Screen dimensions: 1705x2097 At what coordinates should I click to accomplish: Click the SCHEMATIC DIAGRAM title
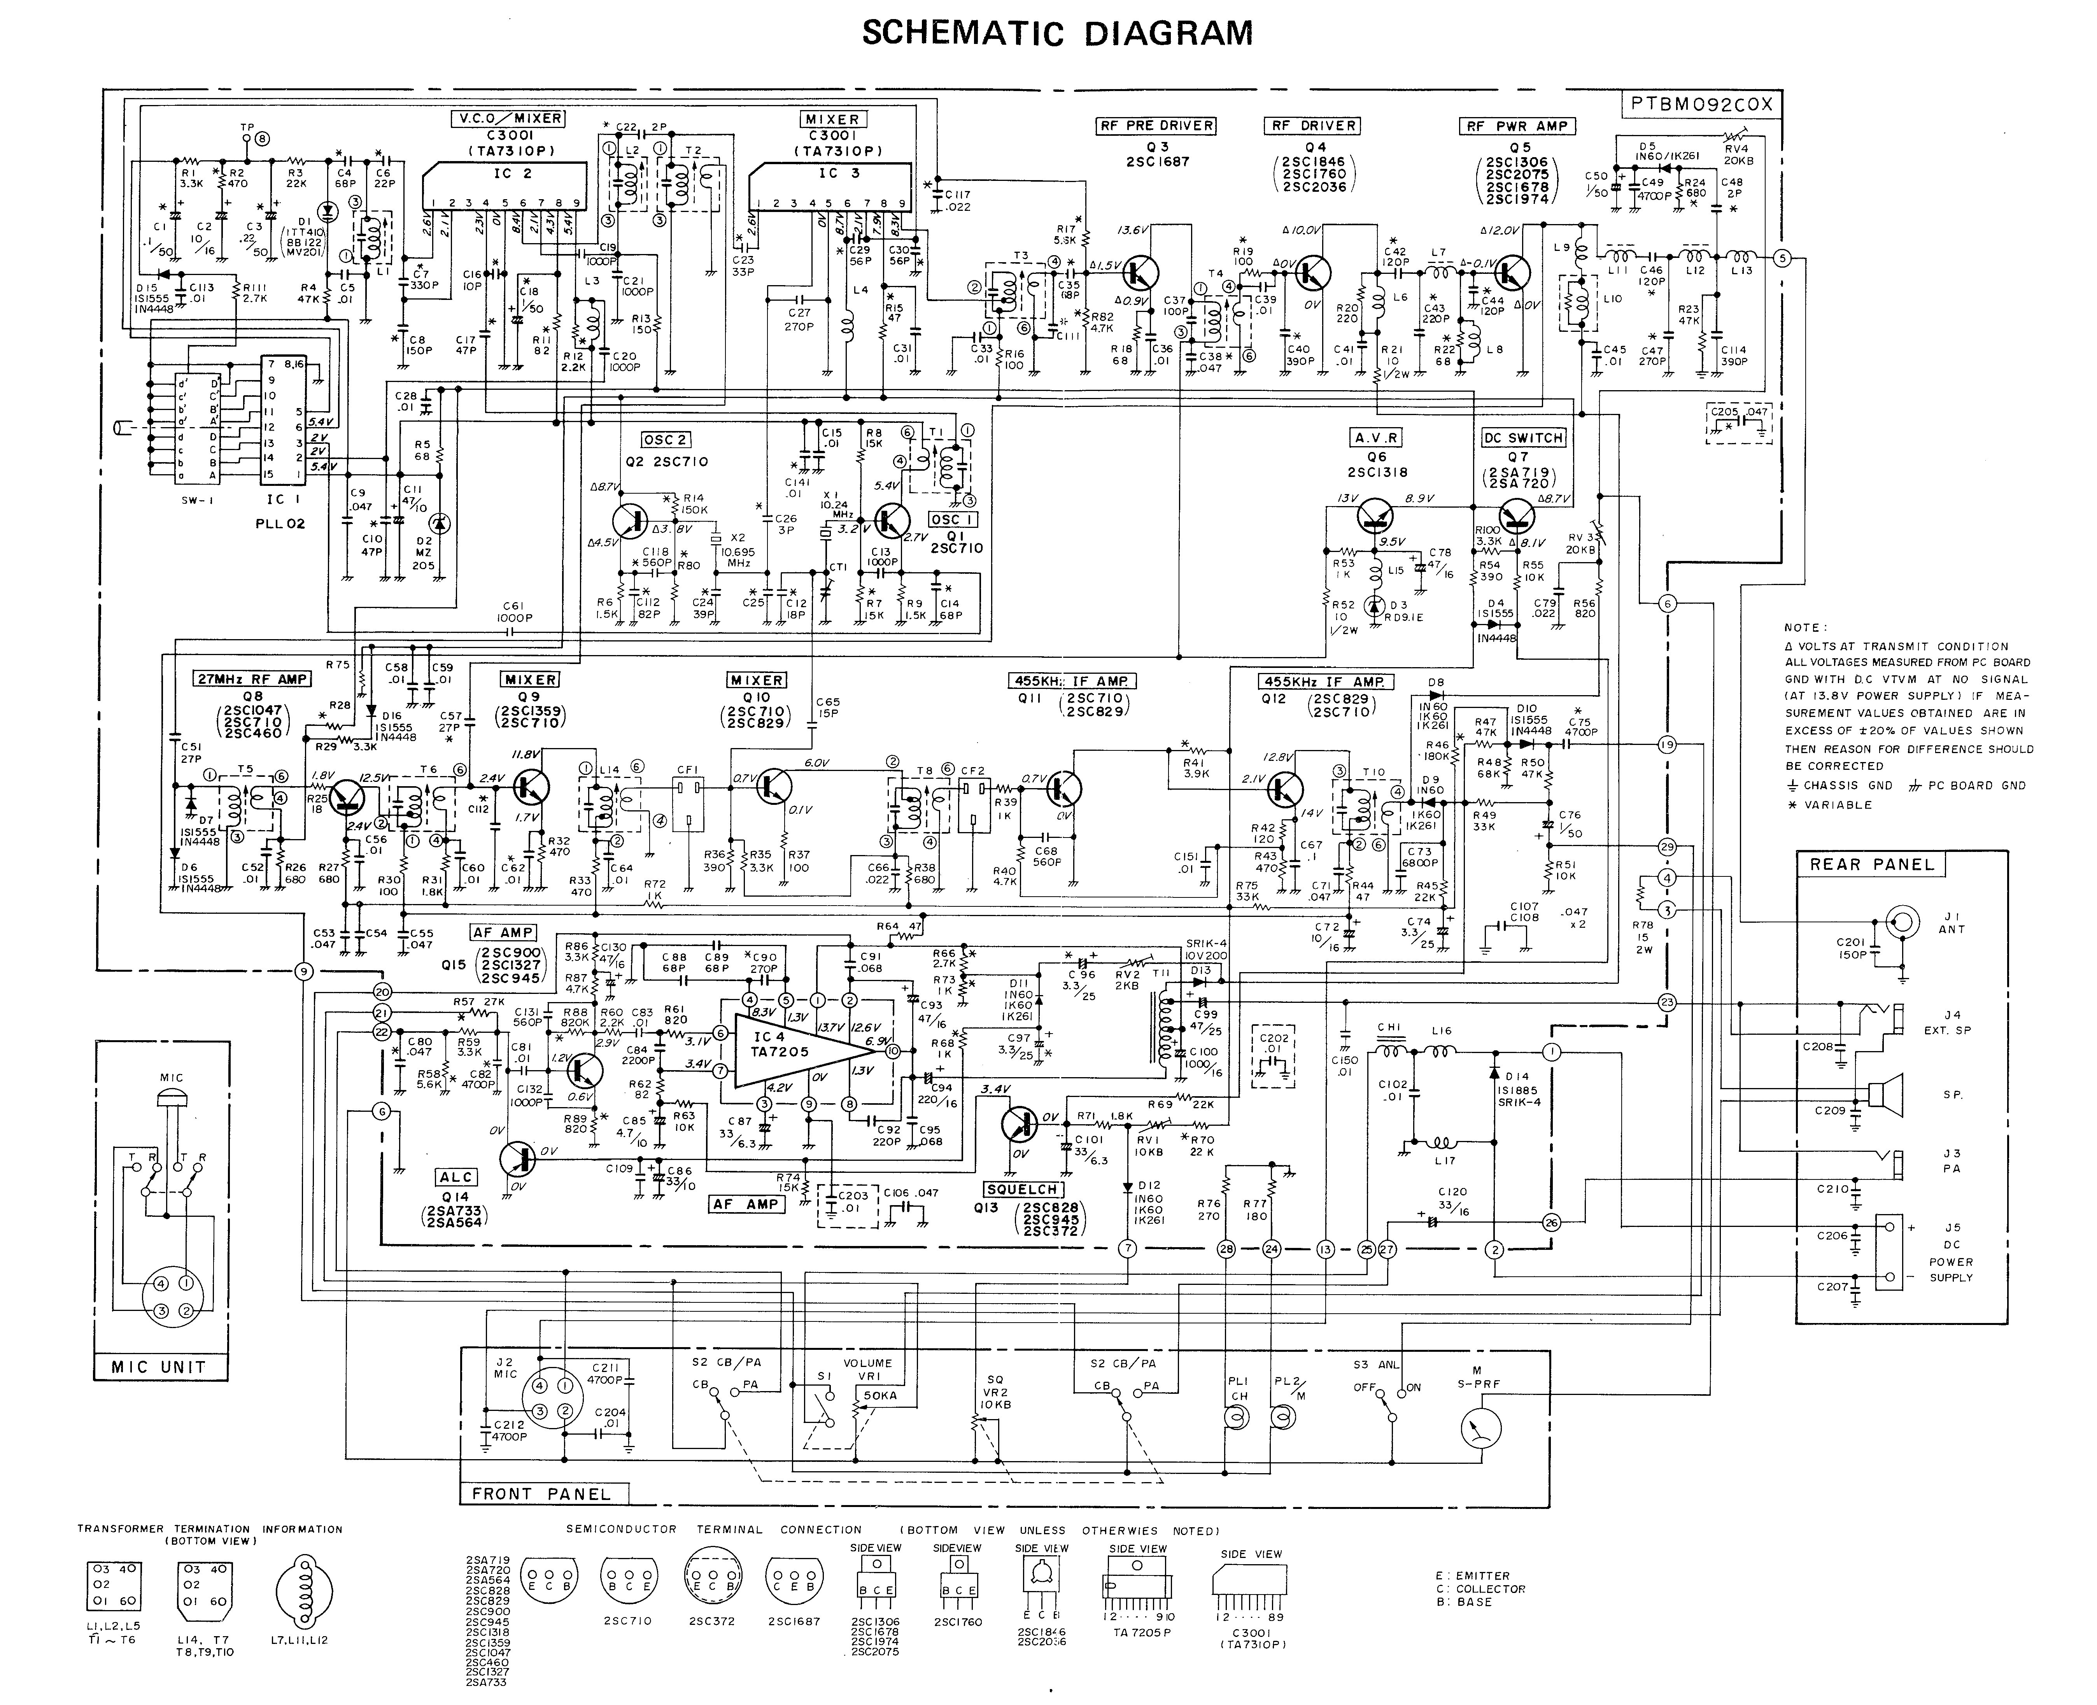click(1057, 33)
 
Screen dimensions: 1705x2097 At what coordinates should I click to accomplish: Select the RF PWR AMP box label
click(1517, 126)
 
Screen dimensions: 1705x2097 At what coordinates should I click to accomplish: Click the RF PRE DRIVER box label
click(1156, 126)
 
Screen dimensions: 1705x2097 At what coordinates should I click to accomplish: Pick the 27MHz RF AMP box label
click(253, 679)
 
